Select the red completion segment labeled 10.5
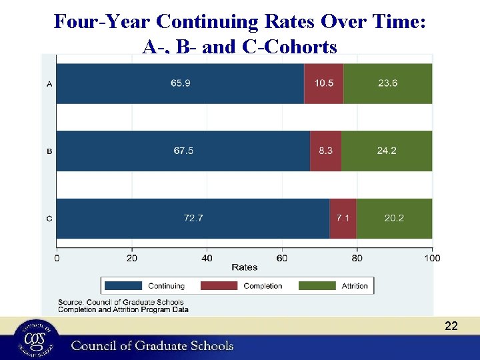tap(323, 83)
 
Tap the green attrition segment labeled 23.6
tap(387, 83)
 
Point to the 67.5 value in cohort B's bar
tap(183, 151)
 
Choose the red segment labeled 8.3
tap(325, 151)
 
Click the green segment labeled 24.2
tap(387, 151)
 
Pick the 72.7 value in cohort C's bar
tap(193, 218)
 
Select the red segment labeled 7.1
tap(343, 218)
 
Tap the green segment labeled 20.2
tap(394, 218)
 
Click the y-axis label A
tap(49, 84)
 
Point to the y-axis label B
tap(49, 151)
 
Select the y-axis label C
tap(49, 219)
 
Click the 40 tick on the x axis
tap(207, 258)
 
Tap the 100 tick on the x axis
tap(432, 258)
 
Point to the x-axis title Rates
tap(245, 267)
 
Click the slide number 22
tap(451, 326)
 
